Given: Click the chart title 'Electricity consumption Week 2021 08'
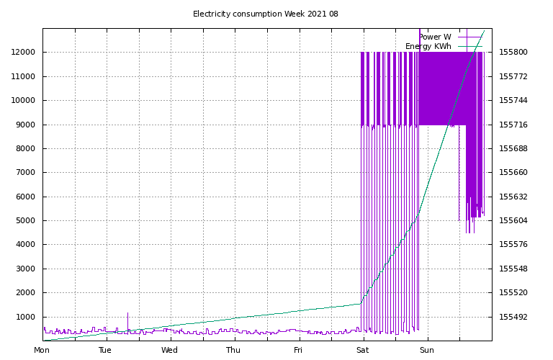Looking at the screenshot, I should click(266, 14).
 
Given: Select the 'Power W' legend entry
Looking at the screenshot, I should click(435, 37).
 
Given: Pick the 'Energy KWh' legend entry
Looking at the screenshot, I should click(428, 46).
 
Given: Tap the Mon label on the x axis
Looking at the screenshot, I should click(42, 351).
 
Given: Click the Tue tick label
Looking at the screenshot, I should click(105, 351).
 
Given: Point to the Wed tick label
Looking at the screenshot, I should click(169, 351).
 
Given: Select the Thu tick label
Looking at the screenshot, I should click(233, 351).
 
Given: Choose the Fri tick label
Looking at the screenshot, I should click(298, 351).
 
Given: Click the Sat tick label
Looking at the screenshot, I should click(361, 351).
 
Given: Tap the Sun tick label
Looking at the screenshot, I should click(426, 351).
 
